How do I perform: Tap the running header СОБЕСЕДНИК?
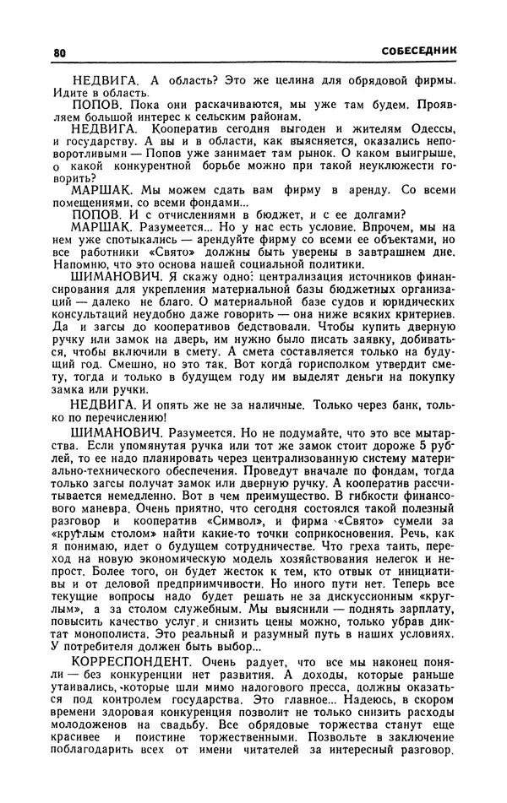(x=418, y=51)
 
